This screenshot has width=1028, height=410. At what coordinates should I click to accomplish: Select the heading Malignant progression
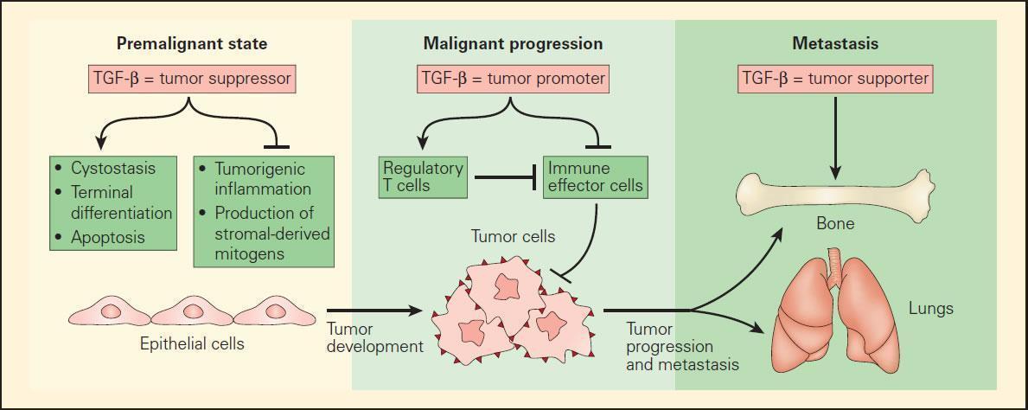tap(513, 43)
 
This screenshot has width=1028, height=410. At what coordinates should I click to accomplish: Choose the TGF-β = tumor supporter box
tap(835, 80)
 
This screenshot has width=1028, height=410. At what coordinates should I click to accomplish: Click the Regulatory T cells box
tap(424, 176)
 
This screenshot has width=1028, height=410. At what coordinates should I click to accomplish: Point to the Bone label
tap(834, 224)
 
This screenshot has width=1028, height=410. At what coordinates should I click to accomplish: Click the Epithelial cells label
tap(192, 344)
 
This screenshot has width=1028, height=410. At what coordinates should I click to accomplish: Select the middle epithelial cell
tap(192, 311)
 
